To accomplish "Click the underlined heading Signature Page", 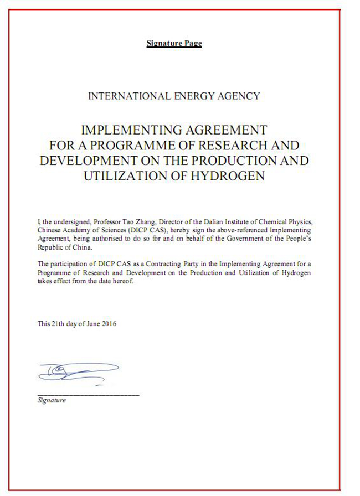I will click(174, 43).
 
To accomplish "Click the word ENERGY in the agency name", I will click(197, 96).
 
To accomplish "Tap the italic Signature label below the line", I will click(51, 400).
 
